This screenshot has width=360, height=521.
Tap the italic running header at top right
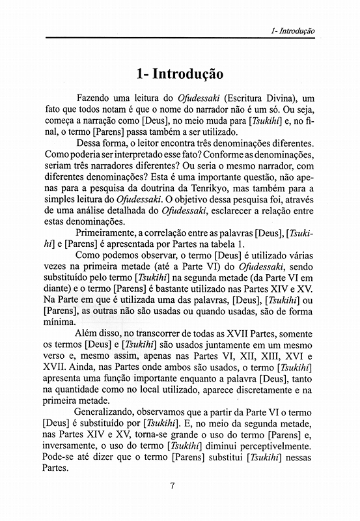coord(293,31)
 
